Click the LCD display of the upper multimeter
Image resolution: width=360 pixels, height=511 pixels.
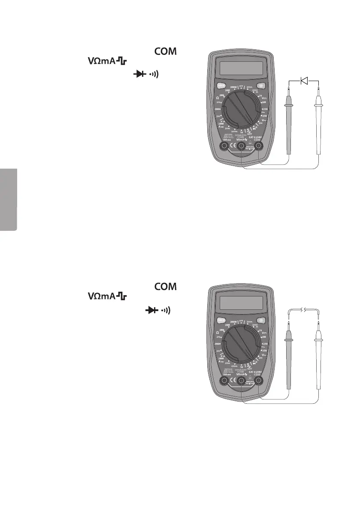click(x=241, y=67)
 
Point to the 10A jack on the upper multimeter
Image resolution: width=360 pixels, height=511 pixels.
click(x=224, y=147)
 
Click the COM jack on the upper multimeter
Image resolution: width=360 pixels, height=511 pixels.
click(x=259, y=147)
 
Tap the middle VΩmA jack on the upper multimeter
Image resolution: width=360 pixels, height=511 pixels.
click(x=242, y=147)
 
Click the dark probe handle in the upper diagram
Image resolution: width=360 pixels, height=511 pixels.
click(x=288, y=129)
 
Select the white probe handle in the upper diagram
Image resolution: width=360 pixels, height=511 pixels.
click(x=319, y=129)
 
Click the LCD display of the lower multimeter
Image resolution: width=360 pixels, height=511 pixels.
click(x=241, y=302)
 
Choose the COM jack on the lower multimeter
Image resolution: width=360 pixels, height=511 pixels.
click(x=259, y=381)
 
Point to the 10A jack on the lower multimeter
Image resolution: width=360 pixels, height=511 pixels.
click(x=224, y=381)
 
